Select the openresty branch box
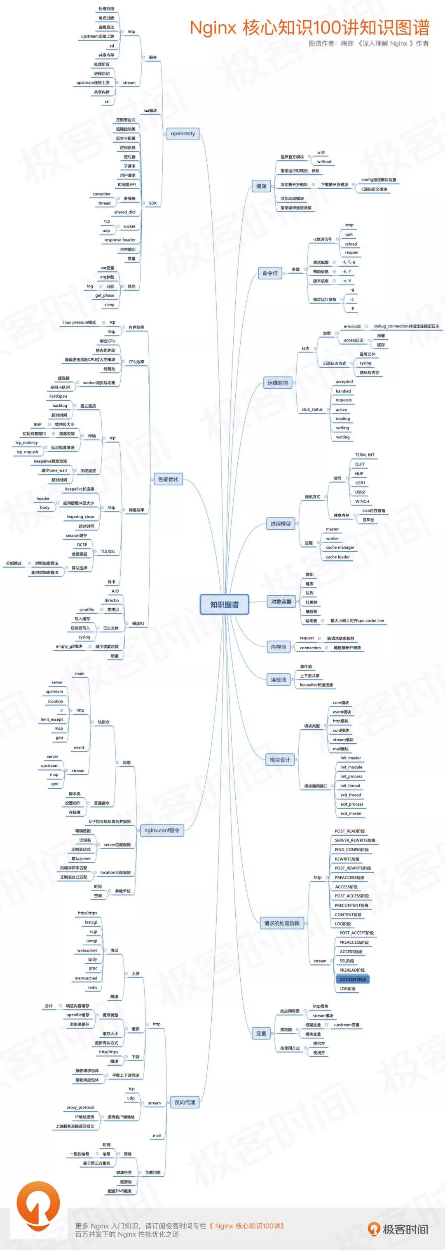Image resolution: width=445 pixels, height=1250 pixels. point(183,134)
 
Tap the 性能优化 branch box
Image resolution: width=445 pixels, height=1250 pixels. point(168,479)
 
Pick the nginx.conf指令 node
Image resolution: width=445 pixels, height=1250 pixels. point(162,830)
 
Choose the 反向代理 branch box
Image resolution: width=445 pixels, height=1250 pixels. point(185,1102)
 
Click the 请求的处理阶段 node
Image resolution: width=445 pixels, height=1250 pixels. point(282,923)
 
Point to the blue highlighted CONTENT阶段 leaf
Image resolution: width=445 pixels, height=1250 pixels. point(352,979)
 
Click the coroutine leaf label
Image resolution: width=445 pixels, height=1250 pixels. point(101,194)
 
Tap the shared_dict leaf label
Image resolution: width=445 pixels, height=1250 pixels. point(124,212)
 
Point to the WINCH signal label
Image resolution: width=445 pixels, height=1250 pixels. point(362,501)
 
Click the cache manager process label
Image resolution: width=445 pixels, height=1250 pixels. point(340,547)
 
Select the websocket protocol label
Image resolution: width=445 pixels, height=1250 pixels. point(87,950)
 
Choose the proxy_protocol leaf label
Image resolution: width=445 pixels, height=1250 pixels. point(80,1107)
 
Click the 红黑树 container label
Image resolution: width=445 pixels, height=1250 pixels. point(311,602)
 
